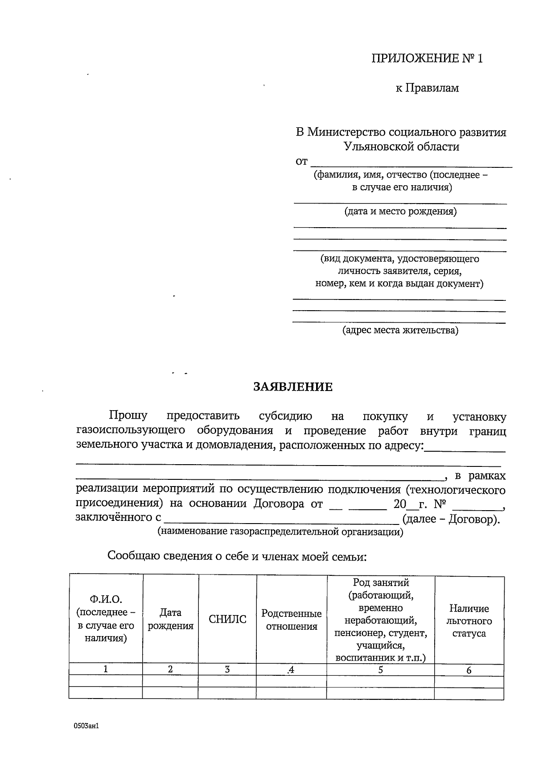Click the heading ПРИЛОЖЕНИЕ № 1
[427, 58]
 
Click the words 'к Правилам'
[427, 88]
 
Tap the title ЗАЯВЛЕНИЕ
[293, 387]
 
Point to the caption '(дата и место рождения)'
[400, 211]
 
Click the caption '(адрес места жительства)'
[400, 330]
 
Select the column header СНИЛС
[227, 620]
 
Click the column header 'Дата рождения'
[170, 620]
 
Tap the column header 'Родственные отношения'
[292, 620]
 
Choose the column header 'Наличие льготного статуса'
[469, 621]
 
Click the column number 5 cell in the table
[380, 670]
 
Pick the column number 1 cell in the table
[106, 669]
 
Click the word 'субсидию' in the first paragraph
[285, 416]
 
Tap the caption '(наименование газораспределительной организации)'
[280, 532]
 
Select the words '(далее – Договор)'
[451, 519]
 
